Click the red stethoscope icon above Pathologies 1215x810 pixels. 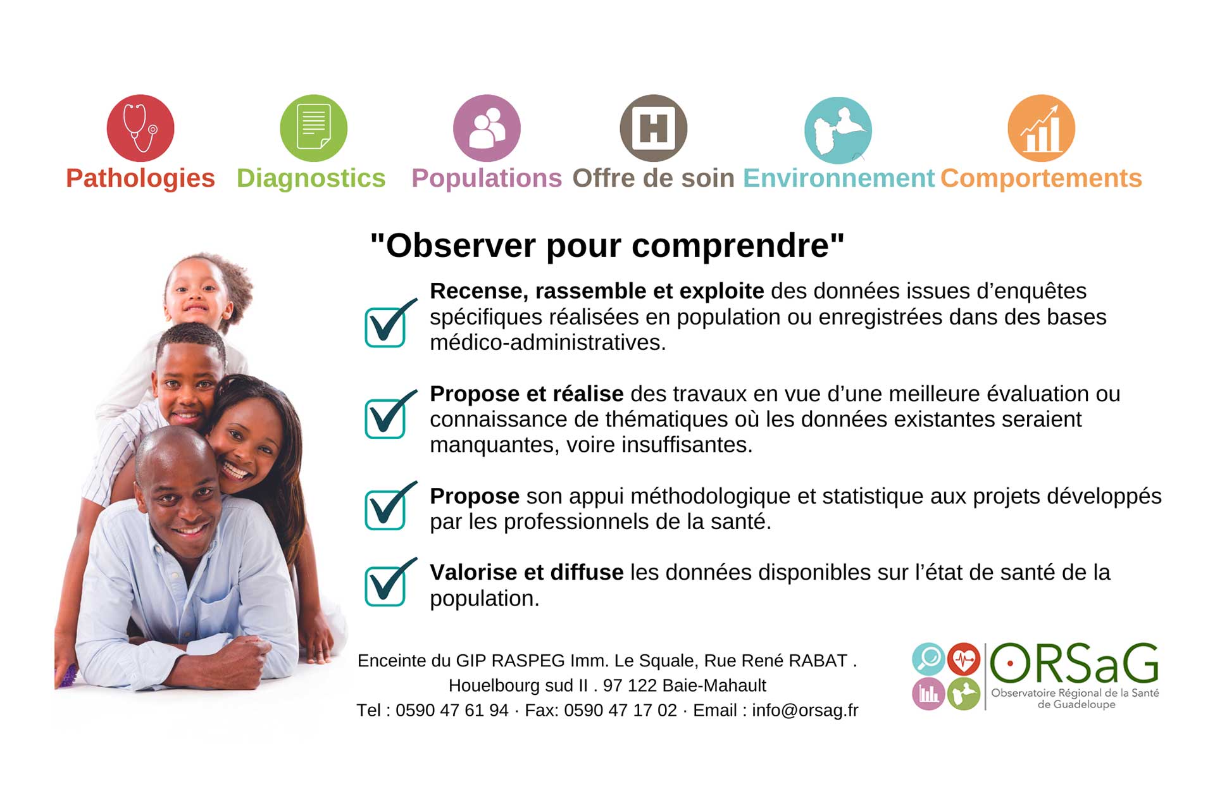pyautogui.click(x=140, y=128)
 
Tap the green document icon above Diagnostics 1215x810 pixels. pyautogui.click(x=314, y=128)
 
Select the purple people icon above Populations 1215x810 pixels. pyautogui.click(x=487, y=128)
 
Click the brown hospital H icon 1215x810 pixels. pyautogui.click(x=653, y=128)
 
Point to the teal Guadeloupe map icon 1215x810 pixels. pyautogui.click(x=838, y=130)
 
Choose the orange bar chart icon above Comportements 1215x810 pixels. pyautogui.click(x=1041, y=128)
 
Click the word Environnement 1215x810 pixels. pyautogui.click(x=838, y=178)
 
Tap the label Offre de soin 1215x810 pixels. pyautogui.click(x=653, y=178)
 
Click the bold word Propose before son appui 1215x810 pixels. pyautogui.click(x=475, y=497)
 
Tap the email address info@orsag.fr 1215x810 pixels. pyautogui.click(x=805, y=711)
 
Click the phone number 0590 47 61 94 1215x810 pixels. pyautogui.click(x=452, y=711)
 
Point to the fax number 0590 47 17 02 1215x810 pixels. pyautogui.click(x=620, y=711)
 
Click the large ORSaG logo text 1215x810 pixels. pyautogui.click(x=1074, y=664)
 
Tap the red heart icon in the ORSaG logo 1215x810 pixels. pyautogui.click(x=964, y=659)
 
